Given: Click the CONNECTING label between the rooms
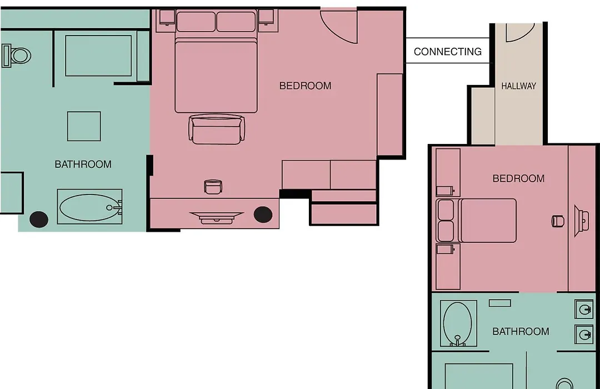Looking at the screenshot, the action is [448, 52].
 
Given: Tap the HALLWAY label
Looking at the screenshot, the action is [518, 86].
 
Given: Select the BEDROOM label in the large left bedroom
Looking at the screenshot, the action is [306, 86].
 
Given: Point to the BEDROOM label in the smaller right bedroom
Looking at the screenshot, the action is [518, 178].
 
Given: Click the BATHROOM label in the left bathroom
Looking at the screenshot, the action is [83, 164].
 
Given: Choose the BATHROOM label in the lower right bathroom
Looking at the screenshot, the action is [521, 332].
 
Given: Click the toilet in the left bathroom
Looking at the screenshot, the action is [17, 56].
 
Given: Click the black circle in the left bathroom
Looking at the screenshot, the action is [39, 220].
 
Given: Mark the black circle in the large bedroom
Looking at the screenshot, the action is [263, 215].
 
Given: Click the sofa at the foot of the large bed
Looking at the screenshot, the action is [217, 129].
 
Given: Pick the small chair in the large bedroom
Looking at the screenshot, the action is [213, 187].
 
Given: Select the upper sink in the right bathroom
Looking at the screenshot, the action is [584, 310].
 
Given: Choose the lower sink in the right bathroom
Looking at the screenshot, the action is [584, 335].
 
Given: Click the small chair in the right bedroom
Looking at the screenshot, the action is [558, 221].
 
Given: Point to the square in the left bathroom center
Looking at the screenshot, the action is [84, 126].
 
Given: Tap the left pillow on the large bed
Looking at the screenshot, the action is [196, 22].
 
